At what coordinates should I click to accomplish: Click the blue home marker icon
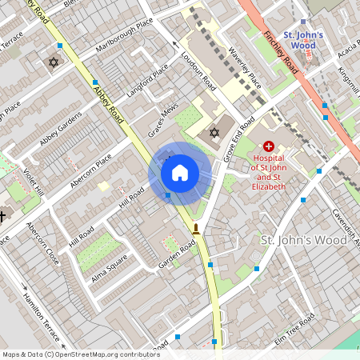tap(180, 173)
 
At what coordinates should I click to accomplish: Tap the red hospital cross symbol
tap(268, 146)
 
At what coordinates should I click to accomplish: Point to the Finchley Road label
tap(282, 53)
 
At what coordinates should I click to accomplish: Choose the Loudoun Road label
tap(198, 70)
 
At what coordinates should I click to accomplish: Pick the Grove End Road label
tap(239, 139)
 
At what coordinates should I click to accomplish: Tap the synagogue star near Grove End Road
tap(214, 132)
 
